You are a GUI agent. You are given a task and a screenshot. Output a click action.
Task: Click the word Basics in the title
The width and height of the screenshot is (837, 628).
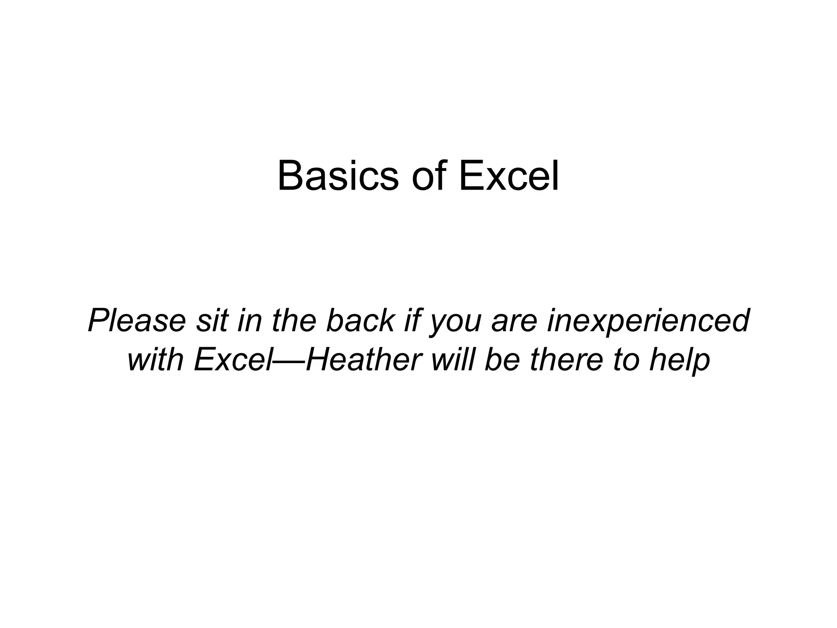pos(338,177)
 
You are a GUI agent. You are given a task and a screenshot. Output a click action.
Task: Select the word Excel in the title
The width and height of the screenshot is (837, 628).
pos(508,177)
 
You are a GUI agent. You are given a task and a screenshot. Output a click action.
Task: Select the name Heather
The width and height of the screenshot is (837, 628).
pos(364,359)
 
